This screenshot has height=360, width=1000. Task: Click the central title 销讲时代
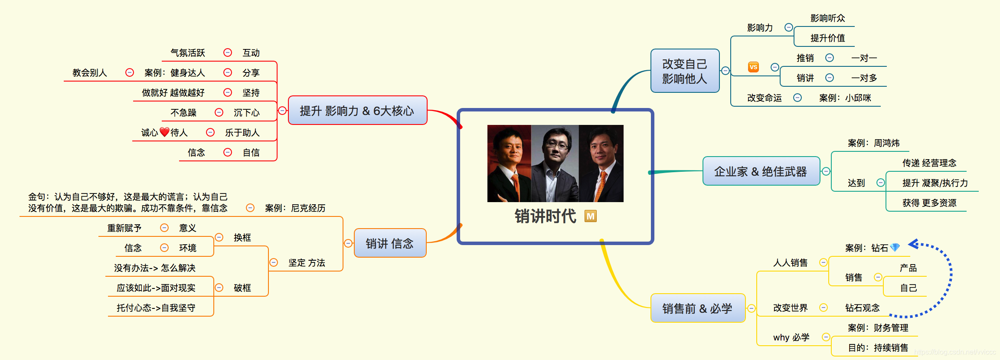click(x=545, y=216)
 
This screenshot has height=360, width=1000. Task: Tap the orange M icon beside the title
click(x=590, y=216)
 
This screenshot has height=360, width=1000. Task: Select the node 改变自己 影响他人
click(x=685, y=71)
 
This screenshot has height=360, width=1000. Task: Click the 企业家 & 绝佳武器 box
click(x=761, y=171)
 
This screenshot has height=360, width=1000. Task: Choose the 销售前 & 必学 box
click(x=697, y=308)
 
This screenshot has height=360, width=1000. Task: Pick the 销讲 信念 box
click(x=389, y=243)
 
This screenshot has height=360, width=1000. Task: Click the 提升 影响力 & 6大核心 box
click(x=357, y=111)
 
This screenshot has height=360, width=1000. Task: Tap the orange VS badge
click(x=753, y=67)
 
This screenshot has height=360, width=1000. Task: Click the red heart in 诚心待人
click(x=164, y=132)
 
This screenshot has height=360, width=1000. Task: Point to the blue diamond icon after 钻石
click(x=895, y=248)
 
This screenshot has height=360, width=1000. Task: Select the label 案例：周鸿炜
click(x=873, y=143)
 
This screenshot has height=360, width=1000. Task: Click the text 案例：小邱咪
click(x=845, y=98)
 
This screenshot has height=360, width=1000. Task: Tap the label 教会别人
click(x=89, y=73)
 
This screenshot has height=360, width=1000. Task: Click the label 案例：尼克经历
click(x=295, y=208)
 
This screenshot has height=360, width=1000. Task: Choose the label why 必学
click(x=791, y=337)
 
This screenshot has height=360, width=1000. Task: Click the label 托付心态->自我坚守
click(x=156, y=308)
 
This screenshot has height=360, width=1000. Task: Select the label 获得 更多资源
click(x=929, y=203)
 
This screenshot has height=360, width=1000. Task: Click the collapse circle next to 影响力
click(x=789, y=27)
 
